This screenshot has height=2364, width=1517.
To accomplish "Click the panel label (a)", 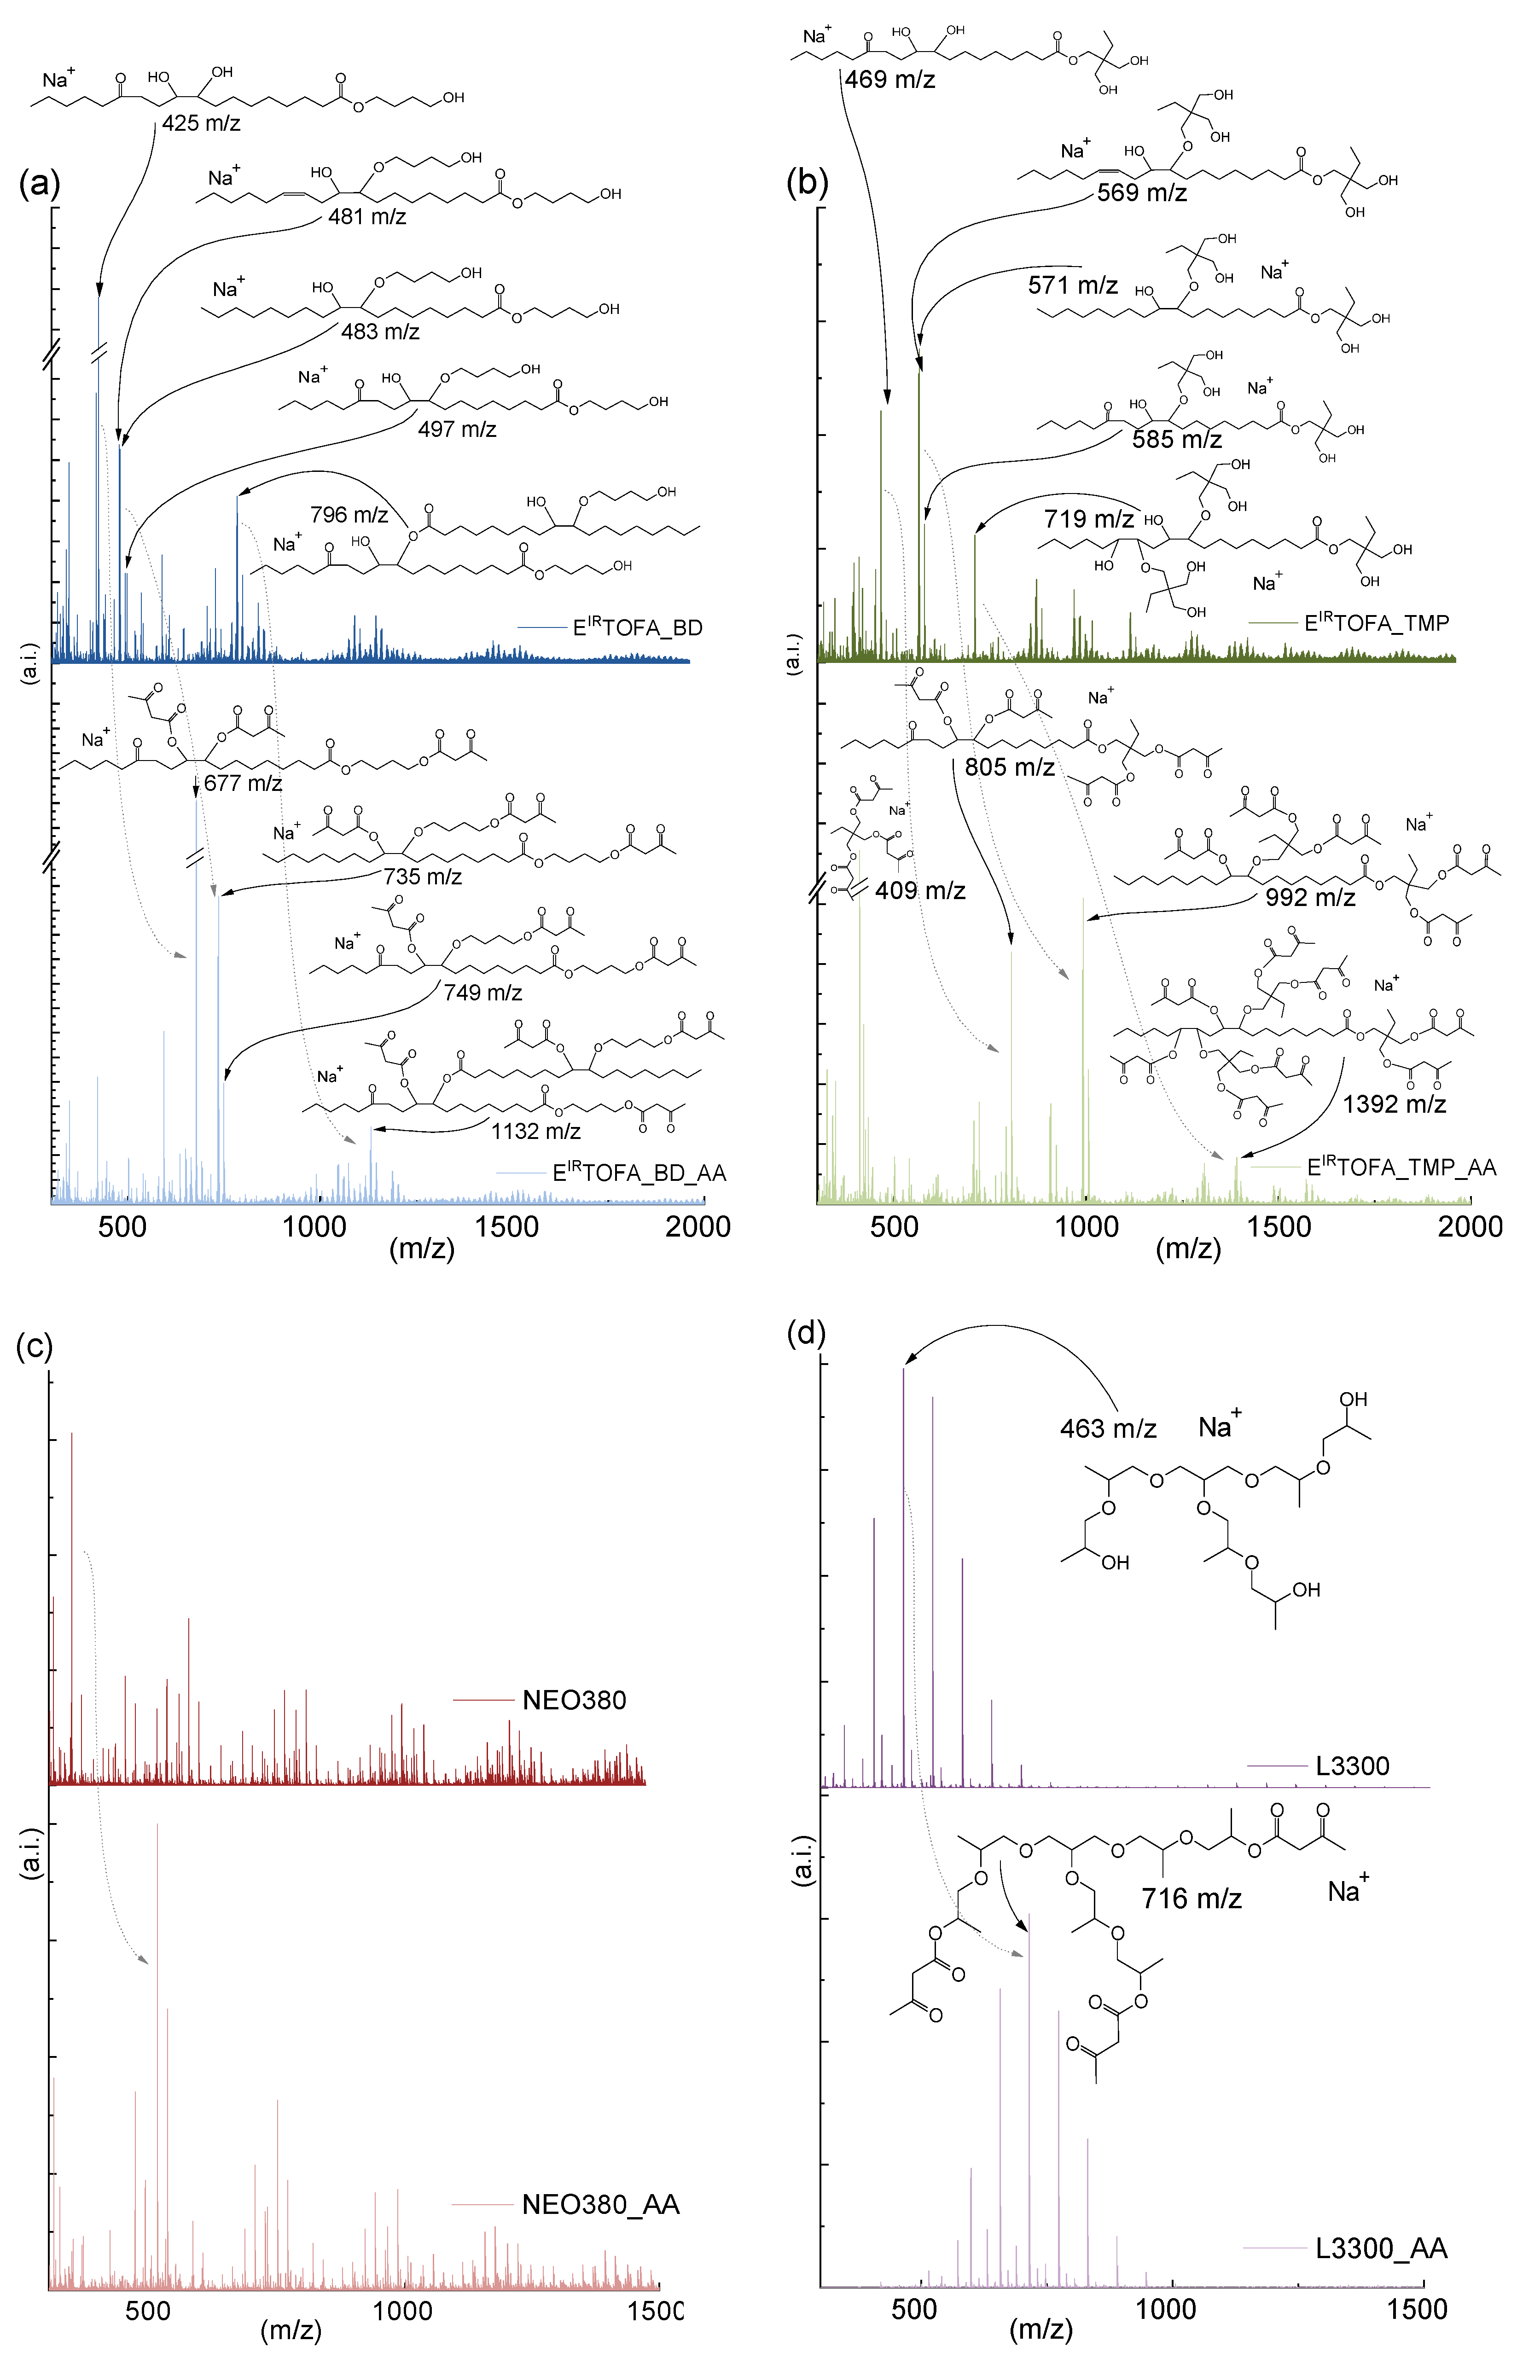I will [x=40, y=183].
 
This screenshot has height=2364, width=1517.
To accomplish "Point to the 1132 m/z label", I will [x=536, y=1131].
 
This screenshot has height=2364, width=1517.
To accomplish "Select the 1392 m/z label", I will [x=1394, y=1104].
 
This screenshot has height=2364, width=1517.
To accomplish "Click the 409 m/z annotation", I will [x=920, y=890].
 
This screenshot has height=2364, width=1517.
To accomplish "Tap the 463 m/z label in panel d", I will [x=1107, y=1428].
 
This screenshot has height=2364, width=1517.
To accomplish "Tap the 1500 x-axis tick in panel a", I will [x=506, y=1227].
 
